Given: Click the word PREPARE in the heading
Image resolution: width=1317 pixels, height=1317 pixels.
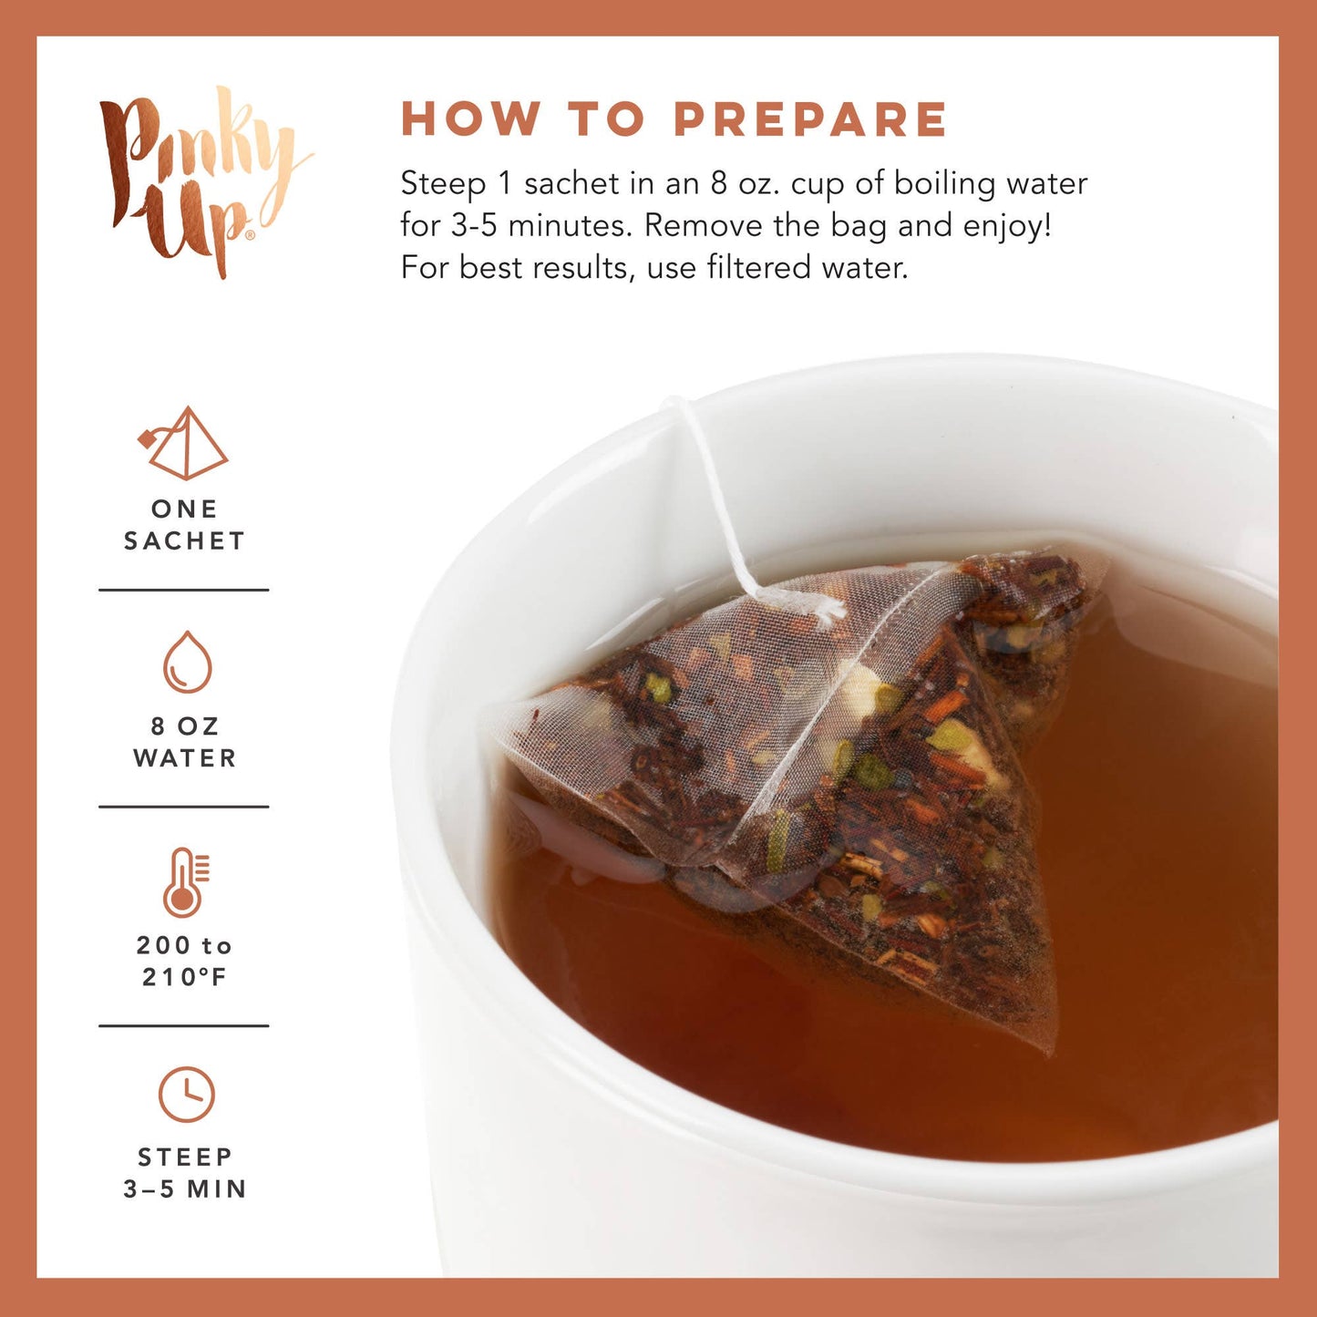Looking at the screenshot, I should tap(810, 119).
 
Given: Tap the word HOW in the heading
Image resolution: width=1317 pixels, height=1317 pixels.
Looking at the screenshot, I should tap(470, 119).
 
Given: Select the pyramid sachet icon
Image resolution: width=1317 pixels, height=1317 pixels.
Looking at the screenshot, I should tap(185, 444).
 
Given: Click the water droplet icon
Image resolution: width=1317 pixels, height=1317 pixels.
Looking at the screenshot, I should tap(187, 662).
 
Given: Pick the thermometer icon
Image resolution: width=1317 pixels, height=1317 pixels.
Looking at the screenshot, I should tap(186, 881).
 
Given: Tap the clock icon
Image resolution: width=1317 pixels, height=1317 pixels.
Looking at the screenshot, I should tap(187, 1094).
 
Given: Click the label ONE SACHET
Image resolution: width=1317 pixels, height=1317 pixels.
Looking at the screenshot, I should tap(184, 525).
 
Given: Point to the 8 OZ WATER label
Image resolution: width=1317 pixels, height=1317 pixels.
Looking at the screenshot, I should tap(185, 742).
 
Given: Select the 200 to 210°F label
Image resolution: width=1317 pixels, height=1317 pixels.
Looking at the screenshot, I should tap(184, 962).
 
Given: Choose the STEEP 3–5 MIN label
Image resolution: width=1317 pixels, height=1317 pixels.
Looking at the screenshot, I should tap(185, 1173).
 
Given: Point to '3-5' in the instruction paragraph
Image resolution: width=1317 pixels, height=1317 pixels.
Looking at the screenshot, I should tap(474, 226).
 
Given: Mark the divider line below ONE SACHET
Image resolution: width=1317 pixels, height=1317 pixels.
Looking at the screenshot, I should tap(184, 590).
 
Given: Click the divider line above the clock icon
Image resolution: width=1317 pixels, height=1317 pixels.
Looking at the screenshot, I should tap(184, 1025).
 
